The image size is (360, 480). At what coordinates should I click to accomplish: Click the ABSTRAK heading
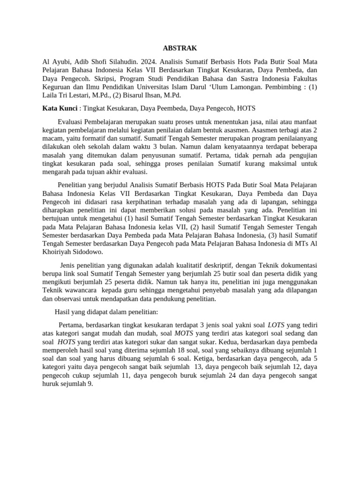click(x=180, y=48)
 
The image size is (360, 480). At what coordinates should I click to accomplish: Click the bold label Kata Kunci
click(x=60, y=108)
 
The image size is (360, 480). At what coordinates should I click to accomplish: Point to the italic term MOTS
click(x=184, y=333)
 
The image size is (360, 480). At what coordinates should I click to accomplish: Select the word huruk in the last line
click(x=51, y=384)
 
